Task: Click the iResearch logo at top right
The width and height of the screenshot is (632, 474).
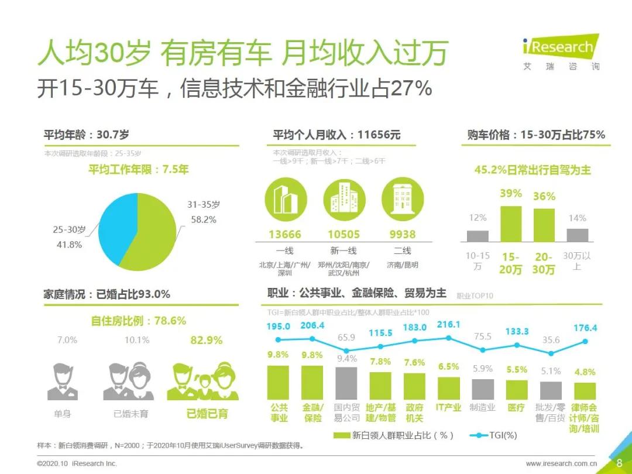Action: (x=561, y=53)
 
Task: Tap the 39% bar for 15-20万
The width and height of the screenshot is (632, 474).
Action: (x=510, y=224)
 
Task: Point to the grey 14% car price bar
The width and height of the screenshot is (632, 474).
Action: (x=577, y=235)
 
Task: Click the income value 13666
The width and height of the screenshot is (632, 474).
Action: (x=285, y=234)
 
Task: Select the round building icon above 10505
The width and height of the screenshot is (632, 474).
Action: (x=344, y=199)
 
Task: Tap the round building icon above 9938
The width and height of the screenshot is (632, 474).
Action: (x=402, y=199)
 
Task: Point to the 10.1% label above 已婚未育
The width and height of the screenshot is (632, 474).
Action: (x=136, y=340)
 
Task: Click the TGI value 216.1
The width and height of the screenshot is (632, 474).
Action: (x=449, y=325)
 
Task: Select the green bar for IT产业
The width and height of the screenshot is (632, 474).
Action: (x=449, y=388)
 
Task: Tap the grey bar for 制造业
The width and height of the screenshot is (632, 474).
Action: (x=483, y=389)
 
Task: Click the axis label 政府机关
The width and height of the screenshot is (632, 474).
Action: (x=415, y=413)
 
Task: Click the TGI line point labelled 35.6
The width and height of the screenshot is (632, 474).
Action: (x=551, y=353)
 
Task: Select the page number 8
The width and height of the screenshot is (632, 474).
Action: (x=620, y=463)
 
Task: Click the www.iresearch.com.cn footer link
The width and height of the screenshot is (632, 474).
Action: (x=562, y=463)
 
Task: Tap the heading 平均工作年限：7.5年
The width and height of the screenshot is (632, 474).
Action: (x=139, y=170)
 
